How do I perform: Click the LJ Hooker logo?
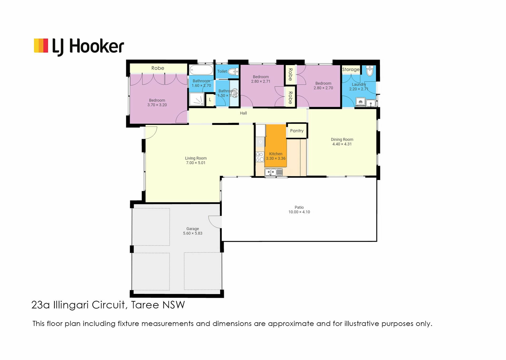click(x=79, y=46)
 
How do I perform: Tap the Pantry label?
click(x=297, y=131)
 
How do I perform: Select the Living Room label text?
click(x=196, y=158)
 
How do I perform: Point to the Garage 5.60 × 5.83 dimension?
click(x=193, y=233)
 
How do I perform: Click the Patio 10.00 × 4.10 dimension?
click(x=299, y=212)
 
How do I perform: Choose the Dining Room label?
click(x=342, y=139)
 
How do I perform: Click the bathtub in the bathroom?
click(x=201, y=70)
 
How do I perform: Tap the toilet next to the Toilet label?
click(x=233, y=71)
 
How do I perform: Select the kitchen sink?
click(x=274, y=172)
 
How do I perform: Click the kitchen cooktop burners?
click(x=260, y=157)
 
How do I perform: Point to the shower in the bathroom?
click(x=197, y=99)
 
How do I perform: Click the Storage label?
click(x=351, y=70)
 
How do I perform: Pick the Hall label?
click(x=243, y=113)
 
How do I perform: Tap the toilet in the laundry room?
click(x=370, y=71)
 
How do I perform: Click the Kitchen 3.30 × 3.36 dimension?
click(x=276, y=158)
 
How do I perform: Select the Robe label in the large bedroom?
click(x=158, y=68)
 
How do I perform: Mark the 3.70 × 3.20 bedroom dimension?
click(x=157, y=105)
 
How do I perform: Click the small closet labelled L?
click(x=210, y=100)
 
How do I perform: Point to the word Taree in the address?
click(x=145, y=305)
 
